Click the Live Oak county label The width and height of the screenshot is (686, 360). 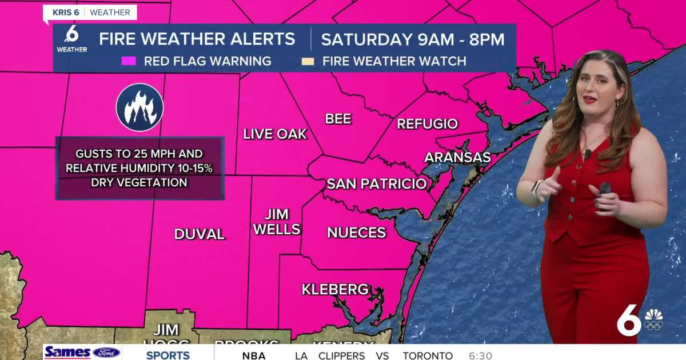pos(275,134)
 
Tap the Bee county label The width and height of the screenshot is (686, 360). pos(338,119)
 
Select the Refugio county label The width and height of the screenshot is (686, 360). pos(427,124)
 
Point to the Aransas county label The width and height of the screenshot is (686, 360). pos(457,158)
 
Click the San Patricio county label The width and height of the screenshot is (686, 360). pos(376,184)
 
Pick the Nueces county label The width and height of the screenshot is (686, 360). pos(356,233)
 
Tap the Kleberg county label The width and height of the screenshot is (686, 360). pos(335,290)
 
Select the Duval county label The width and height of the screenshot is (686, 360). pos(200,234)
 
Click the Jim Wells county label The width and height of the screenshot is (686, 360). pos(277,222)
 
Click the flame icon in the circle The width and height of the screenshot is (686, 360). pos(140,107)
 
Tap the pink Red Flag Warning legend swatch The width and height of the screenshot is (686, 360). pos(129,61)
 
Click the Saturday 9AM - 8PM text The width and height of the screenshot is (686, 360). pos(412,39)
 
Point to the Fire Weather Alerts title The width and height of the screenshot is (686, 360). pos(197,39)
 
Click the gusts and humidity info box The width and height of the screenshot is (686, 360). pos(139,168)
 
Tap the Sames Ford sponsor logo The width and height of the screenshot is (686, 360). pos(82,352)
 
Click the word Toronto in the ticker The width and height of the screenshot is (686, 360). pos(428,355)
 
